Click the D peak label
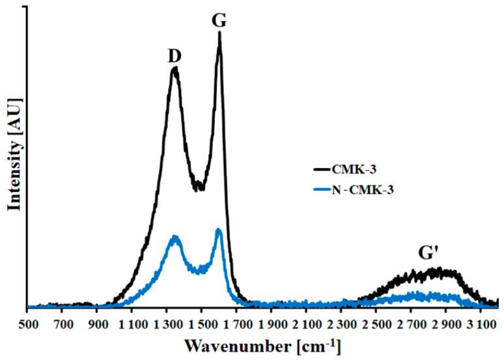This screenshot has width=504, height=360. pyautogui.click(x=174, y=57)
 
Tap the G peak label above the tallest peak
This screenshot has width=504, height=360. pyautogui.click(x=219, y=20)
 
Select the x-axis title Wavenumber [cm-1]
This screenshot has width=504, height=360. pyautogui.click(x=261, y=344)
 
